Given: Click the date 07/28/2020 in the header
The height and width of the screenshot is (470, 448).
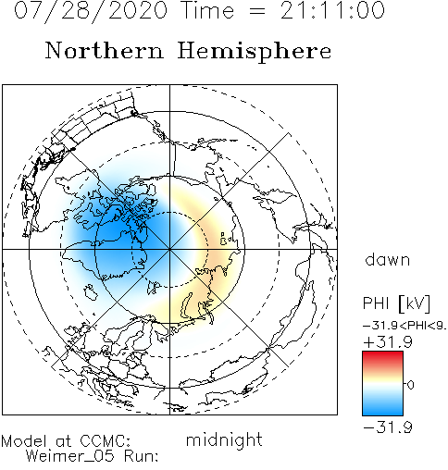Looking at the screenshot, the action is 91,10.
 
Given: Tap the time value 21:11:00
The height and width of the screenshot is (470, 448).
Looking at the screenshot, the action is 332,10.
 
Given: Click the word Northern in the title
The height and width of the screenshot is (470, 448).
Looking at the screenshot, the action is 105,51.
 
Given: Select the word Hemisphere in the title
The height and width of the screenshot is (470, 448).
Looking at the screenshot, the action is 255,52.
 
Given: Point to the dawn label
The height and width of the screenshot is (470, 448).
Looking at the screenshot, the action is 388,259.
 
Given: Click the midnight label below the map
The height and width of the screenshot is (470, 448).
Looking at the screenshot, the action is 224,439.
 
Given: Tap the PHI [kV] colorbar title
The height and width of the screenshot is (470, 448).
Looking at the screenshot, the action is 396,303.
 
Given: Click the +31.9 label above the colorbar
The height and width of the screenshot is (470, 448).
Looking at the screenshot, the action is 388,342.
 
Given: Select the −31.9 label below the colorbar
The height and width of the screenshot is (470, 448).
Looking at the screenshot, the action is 388,427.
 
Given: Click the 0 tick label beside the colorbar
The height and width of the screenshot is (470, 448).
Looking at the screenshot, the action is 411,385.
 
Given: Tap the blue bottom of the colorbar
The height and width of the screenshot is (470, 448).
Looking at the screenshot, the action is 382,409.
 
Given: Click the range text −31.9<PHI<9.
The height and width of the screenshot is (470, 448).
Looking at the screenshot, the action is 404,326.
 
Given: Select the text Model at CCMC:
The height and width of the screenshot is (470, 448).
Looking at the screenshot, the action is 66,441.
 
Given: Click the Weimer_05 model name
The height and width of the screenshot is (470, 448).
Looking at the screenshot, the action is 69,456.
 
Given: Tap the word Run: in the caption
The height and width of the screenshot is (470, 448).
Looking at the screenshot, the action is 142,456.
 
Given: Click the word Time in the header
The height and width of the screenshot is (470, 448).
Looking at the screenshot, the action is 207,10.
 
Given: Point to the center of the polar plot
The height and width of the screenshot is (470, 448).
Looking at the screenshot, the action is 169,249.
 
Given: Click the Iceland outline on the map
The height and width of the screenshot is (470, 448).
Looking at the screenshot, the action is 91,291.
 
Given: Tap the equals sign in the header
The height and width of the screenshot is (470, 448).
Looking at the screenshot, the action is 257,11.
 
